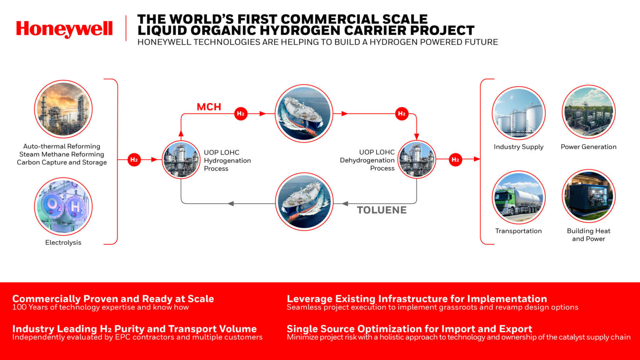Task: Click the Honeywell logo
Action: pos(64,29)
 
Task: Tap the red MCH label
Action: pos(209,107)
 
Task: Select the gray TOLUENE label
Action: pos(382,210)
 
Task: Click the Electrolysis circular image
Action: pos(63,207)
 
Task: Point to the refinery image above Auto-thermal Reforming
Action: pos(63,109)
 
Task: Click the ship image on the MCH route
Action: pos(304,114)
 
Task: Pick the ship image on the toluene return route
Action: pos(304,201)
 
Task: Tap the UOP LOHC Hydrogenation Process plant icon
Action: pos(181,160)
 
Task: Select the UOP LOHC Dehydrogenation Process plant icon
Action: pos(417,159)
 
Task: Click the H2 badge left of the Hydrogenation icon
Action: pos(134,160)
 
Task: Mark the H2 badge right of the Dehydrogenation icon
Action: pos(455,160)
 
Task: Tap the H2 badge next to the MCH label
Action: pos(240,114)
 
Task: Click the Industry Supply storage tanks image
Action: pos(518,113)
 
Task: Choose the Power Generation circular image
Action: pos(588,112)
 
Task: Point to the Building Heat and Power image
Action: pos(588,196)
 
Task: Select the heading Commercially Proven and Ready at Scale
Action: pos(113,299)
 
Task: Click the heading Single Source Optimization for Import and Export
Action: pos(409,329)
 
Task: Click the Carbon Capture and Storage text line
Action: pos(62,162)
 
